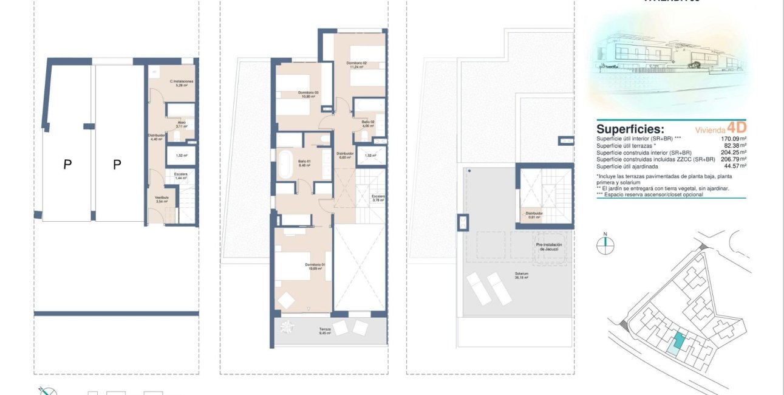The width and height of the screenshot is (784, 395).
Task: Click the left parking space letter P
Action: (x=67, y=163)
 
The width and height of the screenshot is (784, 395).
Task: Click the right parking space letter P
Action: (x=117, y=163)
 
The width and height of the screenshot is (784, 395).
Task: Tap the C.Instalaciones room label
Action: (x=181, y=83)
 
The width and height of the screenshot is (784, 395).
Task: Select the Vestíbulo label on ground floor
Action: (x=162, y=199)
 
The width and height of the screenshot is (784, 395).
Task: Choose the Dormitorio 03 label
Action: (x=308, y=94)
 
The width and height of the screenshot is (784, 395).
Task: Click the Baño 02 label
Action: (x=368, y=123)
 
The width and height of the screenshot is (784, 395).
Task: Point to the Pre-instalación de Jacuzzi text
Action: (x=548, y=247)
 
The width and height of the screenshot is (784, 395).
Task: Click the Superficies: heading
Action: (x=630, y=129)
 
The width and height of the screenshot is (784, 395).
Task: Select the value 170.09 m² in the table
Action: (x=733, y=139)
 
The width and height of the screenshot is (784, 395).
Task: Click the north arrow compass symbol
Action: (x=605, y=244)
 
